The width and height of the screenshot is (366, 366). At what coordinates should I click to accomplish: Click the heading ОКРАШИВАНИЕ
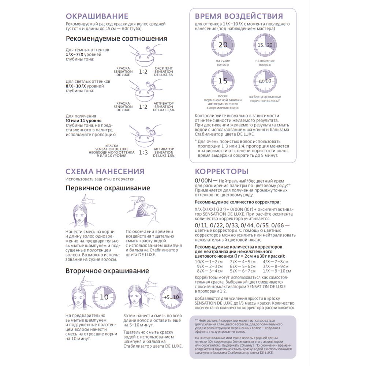[x=97, y=16]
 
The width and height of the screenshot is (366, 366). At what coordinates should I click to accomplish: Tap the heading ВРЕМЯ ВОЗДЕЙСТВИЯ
[x=239, y=16]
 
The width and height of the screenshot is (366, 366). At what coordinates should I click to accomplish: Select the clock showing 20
[x=223, y=45]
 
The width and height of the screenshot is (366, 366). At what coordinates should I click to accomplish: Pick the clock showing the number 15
[x=223, y=81]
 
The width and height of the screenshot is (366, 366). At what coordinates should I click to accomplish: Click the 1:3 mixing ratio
[x=143, y=153]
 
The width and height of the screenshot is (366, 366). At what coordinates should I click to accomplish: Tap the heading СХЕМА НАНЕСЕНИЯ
[x=105, y=171]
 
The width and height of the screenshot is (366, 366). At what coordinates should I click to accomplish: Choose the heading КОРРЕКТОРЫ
[x=222, y=171]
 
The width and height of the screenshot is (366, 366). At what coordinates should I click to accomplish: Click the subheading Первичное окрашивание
[x=108, y=188]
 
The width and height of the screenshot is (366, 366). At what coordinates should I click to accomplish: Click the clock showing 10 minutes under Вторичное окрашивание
[x=104, y=297]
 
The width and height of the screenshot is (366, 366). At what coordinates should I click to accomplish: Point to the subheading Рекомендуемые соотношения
[x=116, y=39]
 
